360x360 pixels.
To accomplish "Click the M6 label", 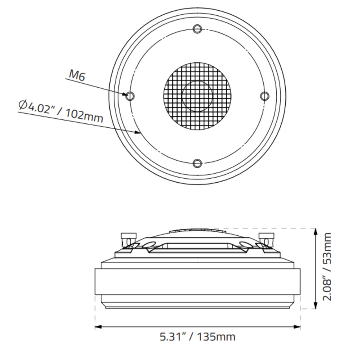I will [x=76, y=75].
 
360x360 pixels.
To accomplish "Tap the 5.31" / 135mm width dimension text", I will [x=198, y=336].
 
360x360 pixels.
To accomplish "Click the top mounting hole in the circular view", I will [x=197, y=29].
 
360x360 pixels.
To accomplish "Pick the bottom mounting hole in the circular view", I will [x=197, y=163].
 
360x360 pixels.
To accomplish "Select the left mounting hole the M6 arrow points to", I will [x=130, y=96].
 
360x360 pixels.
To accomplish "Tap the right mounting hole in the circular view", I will [x=265, y=96].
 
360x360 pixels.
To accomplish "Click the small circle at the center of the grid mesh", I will [x=197, y=96].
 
